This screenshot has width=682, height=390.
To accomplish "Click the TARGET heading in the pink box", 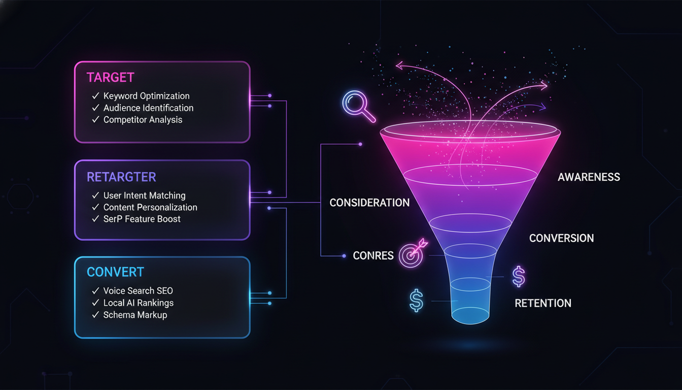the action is pyautogui.click(x=110, y=78).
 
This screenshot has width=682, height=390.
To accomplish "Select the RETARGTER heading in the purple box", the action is pyautogui.click(x=121, y=177).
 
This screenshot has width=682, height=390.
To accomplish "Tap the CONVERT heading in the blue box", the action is pyautogui.click(x=115, y=272).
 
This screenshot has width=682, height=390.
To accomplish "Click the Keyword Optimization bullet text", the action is pyautogui.click(x=146, y=96).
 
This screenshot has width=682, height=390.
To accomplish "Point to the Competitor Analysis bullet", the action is pyautogui.click(x=143, y=120).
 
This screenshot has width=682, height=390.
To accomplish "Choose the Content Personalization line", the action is pyautogui.click(x=150, y=207).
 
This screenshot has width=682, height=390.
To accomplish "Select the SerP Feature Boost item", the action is pyautogui.click(x=142, y=219).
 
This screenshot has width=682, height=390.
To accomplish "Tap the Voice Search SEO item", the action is pyautogui.click(x=138, y=291).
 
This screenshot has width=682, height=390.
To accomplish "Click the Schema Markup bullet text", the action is pyautogui.click(x=135, y=315).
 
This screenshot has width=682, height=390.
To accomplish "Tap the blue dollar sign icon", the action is pyautogui.click(x=416, y=301).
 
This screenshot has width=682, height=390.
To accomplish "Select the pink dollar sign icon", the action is pyautogui.click(x=518, y=277).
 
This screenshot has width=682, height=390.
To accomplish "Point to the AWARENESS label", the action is pyautogui.click(x=589, y=177).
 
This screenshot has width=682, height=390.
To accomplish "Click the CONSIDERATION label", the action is pyautogui.click(x=369, y=203).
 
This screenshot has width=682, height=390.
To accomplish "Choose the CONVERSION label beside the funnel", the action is pyautogui.click(x=561, y=238).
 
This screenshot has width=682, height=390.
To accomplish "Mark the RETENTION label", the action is pyautogui.click(x=543, y=303).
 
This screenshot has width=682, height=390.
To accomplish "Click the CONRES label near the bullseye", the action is pyautogui.click(x=373, y=255).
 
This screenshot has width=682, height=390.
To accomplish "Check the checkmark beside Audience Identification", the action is pyautogui.click(x=95, y=108).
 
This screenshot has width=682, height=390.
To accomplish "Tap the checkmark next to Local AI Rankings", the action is pyautogui.click(x=95, y=303).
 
